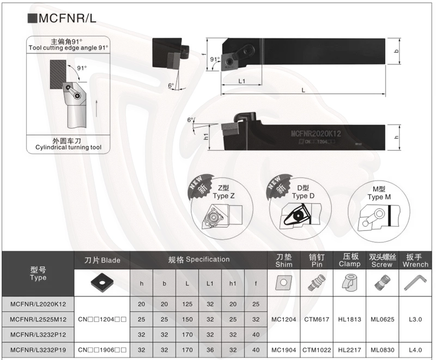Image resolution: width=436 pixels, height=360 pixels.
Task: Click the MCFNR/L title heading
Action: [x=62, y=18]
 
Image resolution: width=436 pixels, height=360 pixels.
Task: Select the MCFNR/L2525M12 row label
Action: [x=38, y=320]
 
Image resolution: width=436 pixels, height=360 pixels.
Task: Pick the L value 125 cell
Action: [x=187, y=304]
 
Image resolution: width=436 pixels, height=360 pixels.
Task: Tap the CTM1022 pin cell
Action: [x=317, y=350]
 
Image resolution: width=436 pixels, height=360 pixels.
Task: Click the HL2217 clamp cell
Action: [x=349, y=350]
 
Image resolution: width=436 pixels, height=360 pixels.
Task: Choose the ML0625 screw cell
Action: [x=383, y=320]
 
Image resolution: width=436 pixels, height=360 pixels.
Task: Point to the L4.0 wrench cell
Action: [x=415, y=350]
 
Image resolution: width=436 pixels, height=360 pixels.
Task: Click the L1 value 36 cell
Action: [x=210, y=350]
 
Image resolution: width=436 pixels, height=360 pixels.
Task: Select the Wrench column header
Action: [x=415, y=260]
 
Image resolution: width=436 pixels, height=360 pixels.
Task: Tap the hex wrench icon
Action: [x=415, y=283]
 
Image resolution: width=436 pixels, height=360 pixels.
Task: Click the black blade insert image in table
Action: [x=102, y=283]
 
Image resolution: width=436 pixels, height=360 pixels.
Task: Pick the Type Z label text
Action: [x=223, y=196]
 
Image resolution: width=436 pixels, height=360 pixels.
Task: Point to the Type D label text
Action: [x=303, y=196]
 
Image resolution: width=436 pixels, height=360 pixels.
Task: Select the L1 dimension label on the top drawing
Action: [x=241, y=81]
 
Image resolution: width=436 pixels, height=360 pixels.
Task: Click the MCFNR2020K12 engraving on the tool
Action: [x=316, y=133]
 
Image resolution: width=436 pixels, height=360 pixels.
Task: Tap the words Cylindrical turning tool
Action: [x=69, y=147]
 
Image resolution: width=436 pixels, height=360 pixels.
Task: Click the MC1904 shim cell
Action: [x=283, y=350]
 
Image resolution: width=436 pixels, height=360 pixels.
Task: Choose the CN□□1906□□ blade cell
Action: [x=102, y=350]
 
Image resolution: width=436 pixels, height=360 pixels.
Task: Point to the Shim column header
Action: [x=283, y=260]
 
